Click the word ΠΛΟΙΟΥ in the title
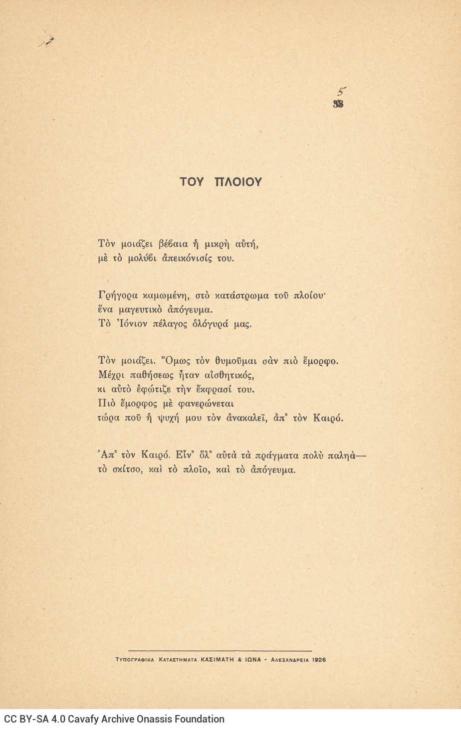tap(238, 182)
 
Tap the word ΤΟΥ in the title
tap(192, 182)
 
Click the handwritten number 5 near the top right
tap(341, 92)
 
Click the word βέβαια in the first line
tap(173, 244)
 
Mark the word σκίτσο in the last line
tap(127, 469)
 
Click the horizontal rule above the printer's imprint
tap(220, 651)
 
